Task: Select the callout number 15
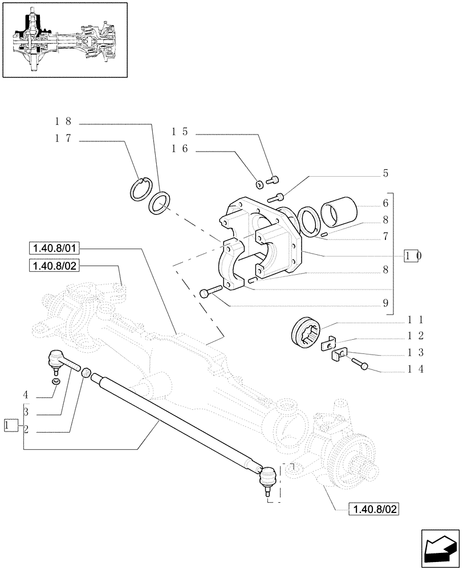click(x=180, y=132)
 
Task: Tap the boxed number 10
click(x=413, y=256)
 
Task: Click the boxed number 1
click(x=8, y=425)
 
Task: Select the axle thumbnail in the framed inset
click(x=64, y=39)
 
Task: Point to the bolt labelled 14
click(x=359, y=363)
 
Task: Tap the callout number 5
click(x=385, y=173)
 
